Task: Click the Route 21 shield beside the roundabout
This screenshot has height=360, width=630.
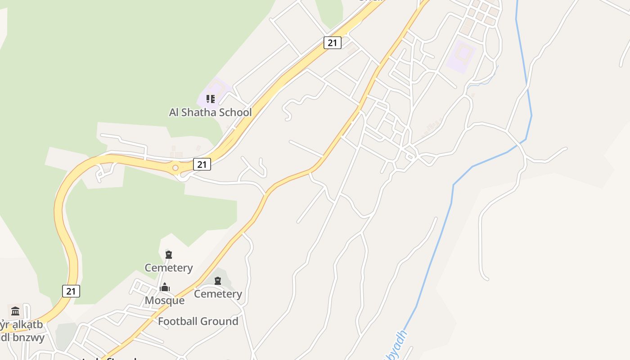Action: pos(202,164)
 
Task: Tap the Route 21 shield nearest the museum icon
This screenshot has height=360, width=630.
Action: pos(71,291)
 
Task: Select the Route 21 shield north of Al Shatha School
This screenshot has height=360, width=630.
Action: pos(332,43)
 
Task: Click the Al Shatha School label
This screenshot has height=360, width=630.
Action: pos(210,112)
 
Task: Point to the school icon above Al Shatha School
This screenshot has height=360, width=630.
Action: pos(211,99)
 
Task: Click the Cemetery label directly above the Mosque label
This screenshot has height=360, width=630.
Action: pos(168,268)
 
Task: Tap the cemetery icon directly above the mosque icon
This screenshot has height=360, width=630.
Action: pos(169,255)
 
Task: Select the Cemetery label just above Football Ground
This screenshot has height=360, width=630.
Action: pos(218,294)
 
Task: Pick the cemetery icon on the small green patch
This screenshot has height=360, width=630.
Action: pos(218,281)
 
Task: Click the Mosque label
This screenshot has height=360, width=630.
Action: pos(164,300)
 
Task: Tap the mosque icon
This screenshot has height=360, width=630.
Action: pos(165,287)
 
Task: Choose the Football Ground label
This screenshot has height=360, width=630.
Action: pos(198,321)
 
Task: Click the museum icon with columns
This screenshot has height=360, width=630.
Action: pos(15,311)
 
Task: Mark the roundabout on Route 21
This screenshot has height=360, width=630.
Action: pos(175,168)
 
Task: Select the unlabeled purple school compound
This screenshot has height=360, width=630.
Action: pos(461,56)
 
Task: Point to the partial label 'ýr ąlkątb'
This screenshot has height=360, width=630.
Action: pos(21,324)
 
